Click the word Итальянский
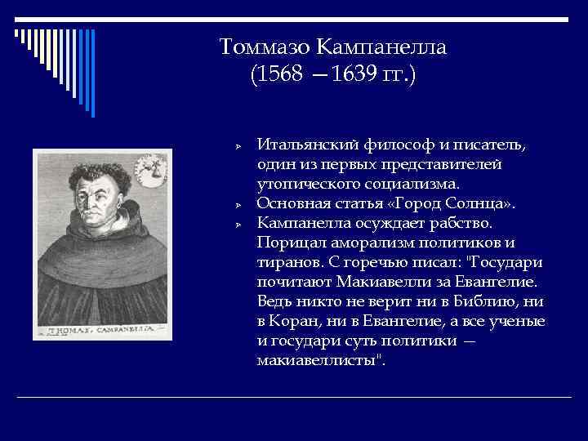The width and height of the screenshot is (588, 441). click(308, 145)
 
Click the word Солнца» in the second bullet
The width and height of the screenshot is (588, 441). click(485, 203)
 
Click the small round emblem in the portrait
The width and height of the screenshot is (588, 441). click(150, 170)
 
